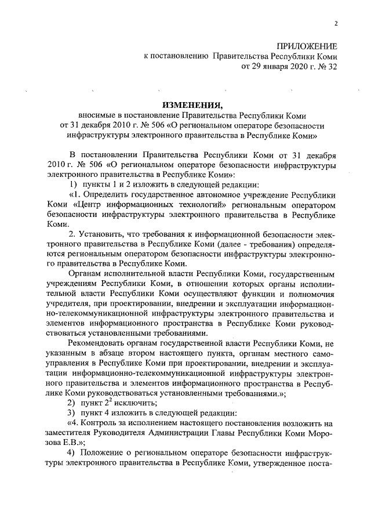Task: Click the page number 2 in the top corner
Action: click(336, 24)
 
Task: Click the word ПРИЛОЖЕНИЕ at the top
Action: click(307, 46)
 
